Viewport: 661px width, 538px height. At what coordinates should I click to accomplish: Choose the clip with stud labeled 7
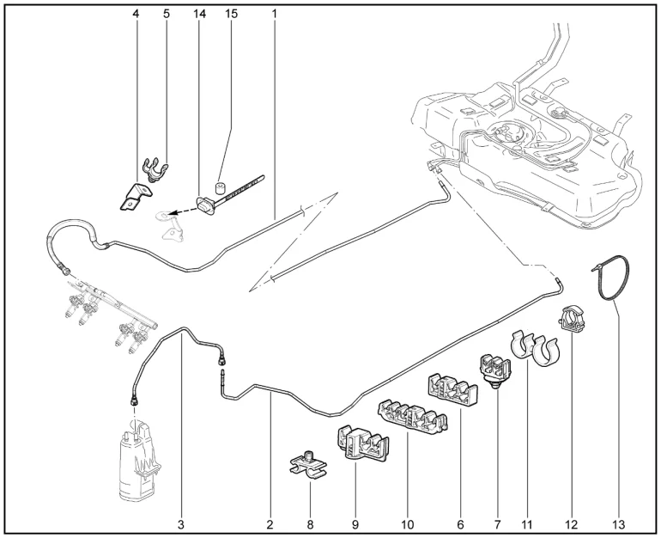493,370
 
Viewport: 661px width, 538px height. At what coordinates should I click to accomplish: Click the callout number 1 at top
275,14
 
